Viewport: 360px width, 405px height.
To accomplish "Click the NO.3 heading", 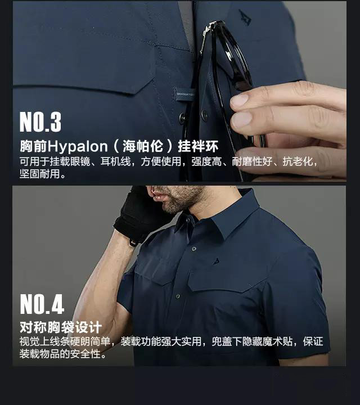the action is point(40,121).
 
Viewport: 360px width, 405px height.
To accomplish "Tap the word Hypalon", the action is point(78,147).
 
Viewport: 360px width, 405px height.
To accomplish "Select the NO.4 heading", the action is point(42,304).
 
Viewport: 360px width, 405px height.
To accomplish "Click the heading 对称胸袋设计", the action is point(61,327).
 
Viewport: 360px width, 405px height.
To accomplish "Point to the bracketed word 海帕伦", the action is point(143,146).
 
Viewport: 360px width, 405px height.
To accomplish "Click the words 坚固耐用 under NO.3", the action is point(39,174).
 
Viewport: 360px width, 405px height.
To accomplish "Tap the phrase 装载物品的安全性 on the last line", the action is point(60,354).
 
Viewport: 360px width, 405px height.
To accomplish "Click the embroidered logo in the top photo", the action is point(244,17).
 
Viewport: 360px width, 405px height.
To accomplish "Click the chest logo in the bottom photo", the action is point(217,262).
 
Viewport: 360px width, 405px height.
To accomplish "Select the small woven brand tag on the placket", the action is point(184,94).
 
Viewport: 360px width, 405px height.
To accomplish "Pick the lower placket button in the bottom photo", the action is point(178,296).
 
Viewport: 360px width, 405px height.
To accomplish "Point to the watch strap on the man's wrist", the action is point(133,243).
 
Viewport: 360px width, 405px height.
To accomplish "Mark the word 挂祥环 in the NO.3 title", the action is point(199,146).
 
